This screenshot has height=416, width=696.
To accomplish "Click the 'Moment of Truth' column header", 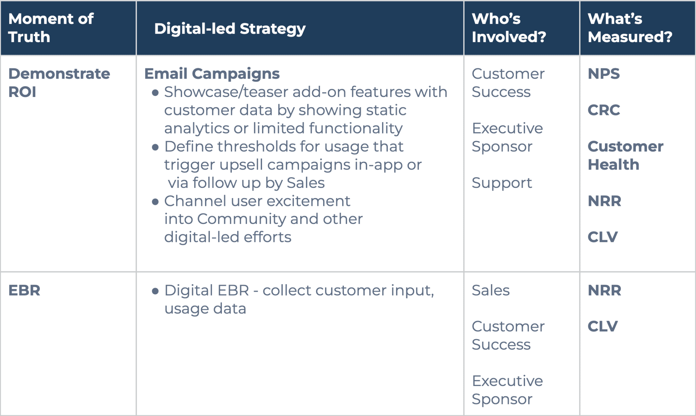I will [51, 28].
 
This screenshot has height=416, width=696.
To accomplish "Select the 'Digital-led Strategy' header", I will [230, 29].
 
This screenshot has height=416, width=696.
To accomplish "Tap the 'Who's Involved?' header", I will [509, 28].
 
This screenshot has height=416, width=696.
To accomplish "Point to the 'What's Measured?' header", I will [630, 28].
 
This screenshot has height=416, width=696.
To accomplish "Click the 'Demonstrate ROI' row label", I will [59, 83].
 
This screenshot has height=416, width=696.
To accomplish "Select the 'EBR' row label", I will [24, 290].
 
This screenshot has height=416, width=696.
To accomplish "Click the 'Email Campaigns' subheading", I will [212, 74].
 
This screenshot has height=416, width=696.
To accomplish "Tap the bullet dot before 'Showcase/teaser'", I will [155, 93].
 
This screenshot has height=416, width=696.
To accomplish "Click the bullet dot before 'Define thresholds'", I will [155, 147].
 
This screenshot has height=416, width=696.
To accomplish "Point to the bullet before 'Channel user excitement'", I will [155, 202].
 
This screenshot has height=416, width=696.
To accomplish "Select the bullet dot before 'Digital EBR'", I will [155, 291].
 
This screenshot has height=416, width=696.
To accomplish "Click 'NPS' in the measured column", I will [604, 74].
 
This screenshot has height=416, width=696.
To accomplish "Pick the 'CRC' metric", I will [604, 110].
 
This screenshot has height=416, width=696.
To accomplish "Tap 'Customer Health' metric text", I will [625, 156].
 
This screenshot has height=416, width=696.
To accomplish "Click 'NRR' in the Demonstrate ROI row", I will [604, 201].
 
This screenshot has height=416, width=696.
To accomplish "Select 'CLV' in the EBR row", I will [603, 326].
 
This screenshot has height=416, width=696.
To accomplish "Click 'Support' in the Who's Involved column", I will [502, 183].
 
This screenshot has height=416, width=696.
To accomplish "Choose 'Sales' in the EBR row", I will [490, 290].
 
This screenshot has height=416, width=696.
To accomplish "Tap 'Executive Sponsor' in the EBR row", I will [507, 390].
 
